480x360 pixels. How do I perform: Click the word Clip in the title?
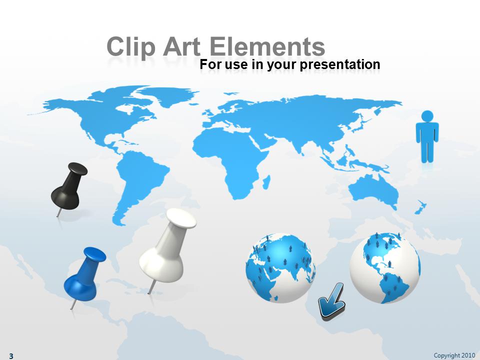coord(130,47)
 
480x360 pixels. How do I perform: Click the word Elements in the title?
coord(267,47)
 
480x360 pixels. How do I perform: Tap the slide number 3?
coord(11,355)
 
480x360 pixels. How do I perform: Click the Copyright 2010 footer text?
coord(454,355)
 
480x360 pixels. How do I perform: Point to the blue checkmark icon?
coord(332,301)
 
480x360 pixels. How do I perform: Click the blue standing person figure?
coord(427,136)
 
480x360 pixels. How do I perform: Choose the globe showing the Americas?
coord(385,268)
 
